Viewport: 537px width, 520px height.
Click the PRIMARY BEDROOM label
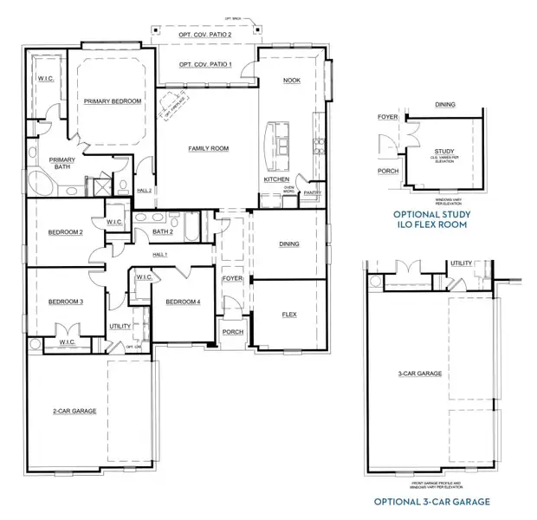(113, 101)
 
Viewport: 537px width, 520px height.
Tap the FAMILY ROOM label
(209, 149)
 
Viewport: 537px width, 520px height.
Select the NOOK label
(292, 80)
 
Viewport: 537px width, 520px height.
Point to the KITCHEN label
(277, 179)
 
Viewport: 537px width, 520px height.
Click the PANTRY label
(313, 194)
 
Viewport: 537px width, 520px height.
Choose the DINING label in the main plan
(288, 244)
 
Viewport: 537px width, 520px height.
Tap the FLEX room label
(288, 314)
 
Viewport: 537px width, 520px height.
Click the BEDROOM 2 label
(65, 232)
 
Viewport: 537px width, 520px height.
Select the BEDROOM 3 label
(65, 301)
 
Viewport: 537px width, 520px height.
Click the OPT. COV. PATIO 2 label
(205, 34)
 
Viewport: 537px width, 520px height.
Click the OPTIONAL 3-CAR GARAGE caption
(431, 502)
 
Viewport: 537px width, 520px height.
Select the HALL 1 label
(159, 254)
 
